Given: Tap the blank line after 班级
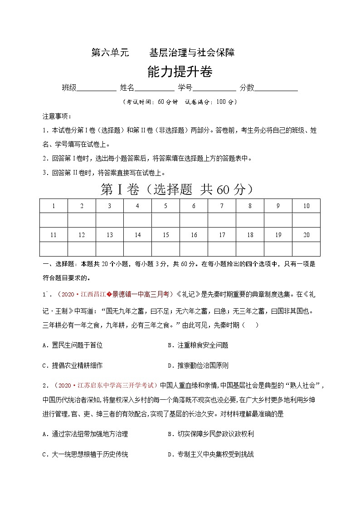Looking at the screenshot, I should [x=97, y=88].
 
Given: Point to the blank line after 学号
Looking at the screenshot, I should [x=214, y=88].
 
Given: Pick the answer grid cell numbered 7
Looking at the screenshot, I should [x=222, y=206].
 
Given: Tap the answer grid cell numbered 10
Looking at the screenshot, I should [x=306, y=206].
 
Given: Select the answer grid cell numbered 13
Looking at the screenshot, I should [x=110, y=235].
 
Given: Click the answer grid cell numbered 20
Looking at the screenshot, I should [x=306, y=235].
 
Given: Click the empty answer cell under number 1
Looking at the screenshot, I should [x=54, y=220].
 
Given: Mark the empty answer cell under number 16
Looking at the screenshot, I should [x=194, y=249].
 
